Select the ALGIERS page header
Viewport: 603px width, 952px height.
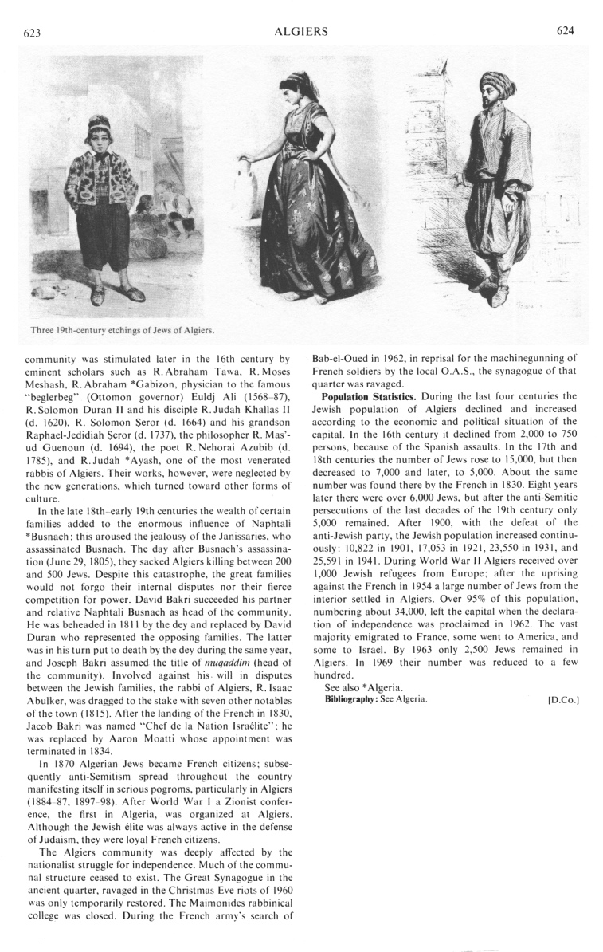click(x=301, y=31)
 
